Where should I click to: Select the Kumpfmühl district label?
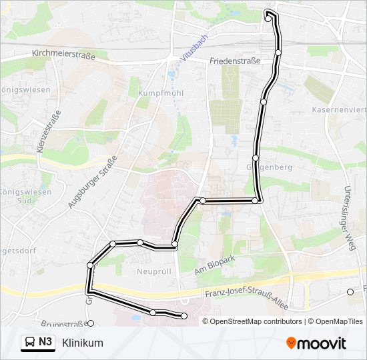155,94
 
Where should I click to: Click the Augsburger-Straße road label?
92,183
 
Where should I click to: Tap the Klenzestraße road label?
50,133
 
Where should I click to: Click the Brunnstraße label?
63,325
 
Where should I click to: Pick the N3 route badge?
45,343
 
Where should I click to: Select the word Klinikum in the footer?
82,343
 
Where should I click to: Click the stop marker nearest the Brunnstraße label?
91,323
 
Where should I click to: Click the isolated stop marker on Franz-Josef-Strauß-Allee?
350,291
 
